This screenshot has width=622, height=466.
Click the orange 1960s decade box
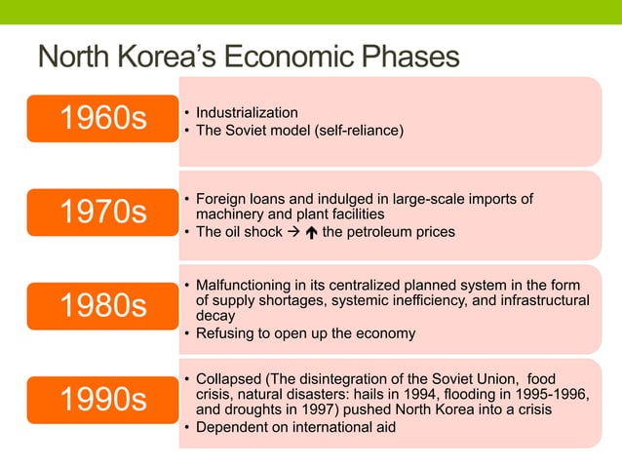click(x=102, y=120)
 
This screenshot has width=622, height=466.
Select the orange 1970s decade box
click(x=102, y=213)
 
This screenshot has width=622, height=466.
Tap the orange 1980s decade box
click(x=102, y=306)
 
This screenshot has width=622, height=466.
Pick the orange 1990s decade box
click(x=102, y=400)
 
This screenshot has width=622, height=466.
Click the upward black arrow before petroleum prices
click(x=309, y=232)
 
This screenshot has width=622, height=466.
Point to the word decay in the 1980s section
click(x=214, y=317)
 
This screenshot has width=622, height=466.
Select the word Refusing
click(x=225, y=333)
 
